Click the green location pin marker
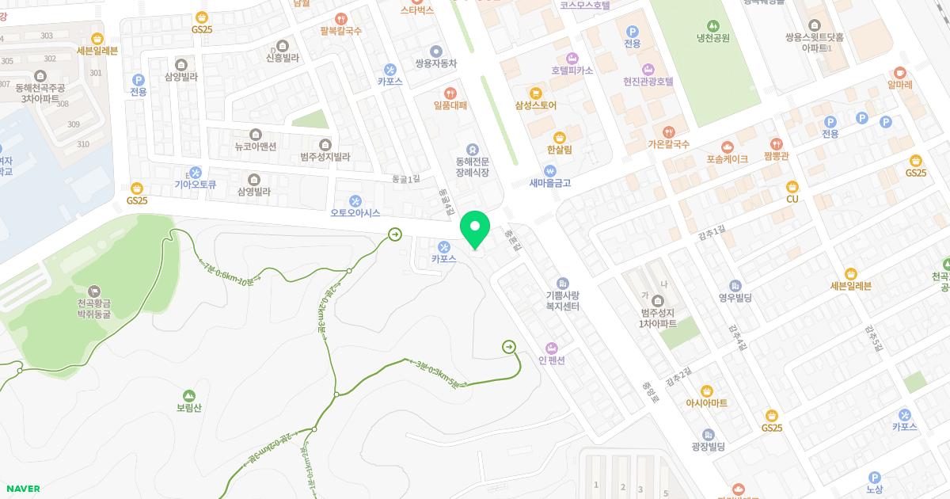coord(475,230)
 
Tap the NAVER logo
coord(23,489)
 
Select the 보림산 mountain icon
coord(188,395)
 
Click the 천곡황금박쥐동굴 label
coord(94,308)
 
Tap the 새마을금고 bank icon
coord(550,170)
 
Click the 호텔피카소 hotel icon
coord(572,58)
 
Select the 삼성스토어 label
coord(536,105)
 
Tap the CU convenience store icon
coord(792,187)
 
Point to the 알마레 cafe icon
coord(900,72)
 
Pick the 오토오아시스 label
coord(355,213)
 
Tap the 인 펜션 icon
coord(552,349)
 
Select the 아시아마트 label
coord(707,403)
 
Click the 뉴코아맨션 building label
coord(255,147)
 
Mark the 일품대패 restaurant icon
coord(450,93)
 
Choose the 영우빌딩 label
coord(735,298)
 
